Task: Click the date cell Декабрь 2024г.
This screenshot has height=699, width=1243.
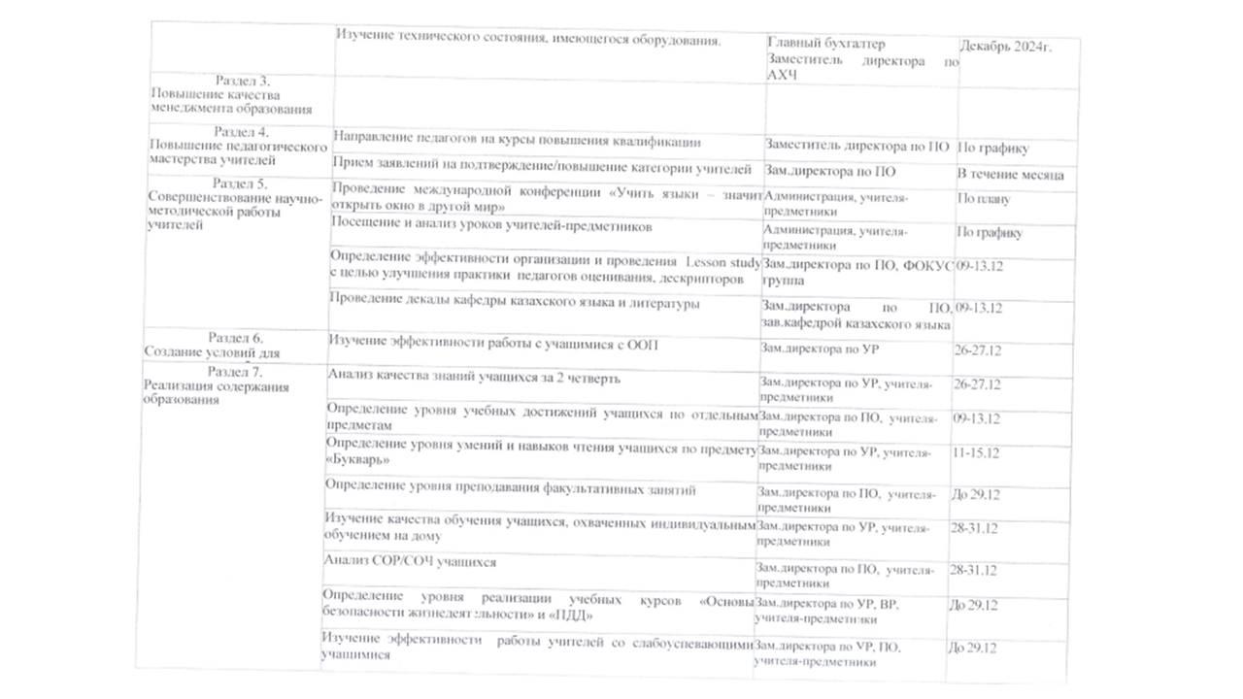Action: pos(1005,47)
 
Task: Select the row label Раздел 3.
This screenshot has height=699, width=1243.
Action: pos(241,81)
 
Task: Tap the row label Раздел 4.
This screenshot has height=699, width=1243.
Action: pos(241,131)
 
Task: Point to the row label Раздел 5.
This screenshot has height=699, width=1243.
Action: pos(240,183)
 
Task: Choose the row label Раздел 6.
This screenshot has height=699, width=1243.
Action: pos(236,337)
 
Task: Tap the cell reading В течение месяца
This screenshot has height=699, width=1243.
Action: pos(1010,175)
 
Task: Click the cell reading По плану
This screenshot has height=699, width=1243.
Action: pos(983,200)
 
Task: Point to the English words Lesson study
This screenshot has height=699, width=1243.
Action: pos(723,262)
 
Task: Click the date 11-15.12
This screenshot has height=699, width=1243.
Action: pos(977,452)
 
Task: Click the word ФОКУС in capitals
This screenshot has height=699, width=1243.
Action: pos(924,263)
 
